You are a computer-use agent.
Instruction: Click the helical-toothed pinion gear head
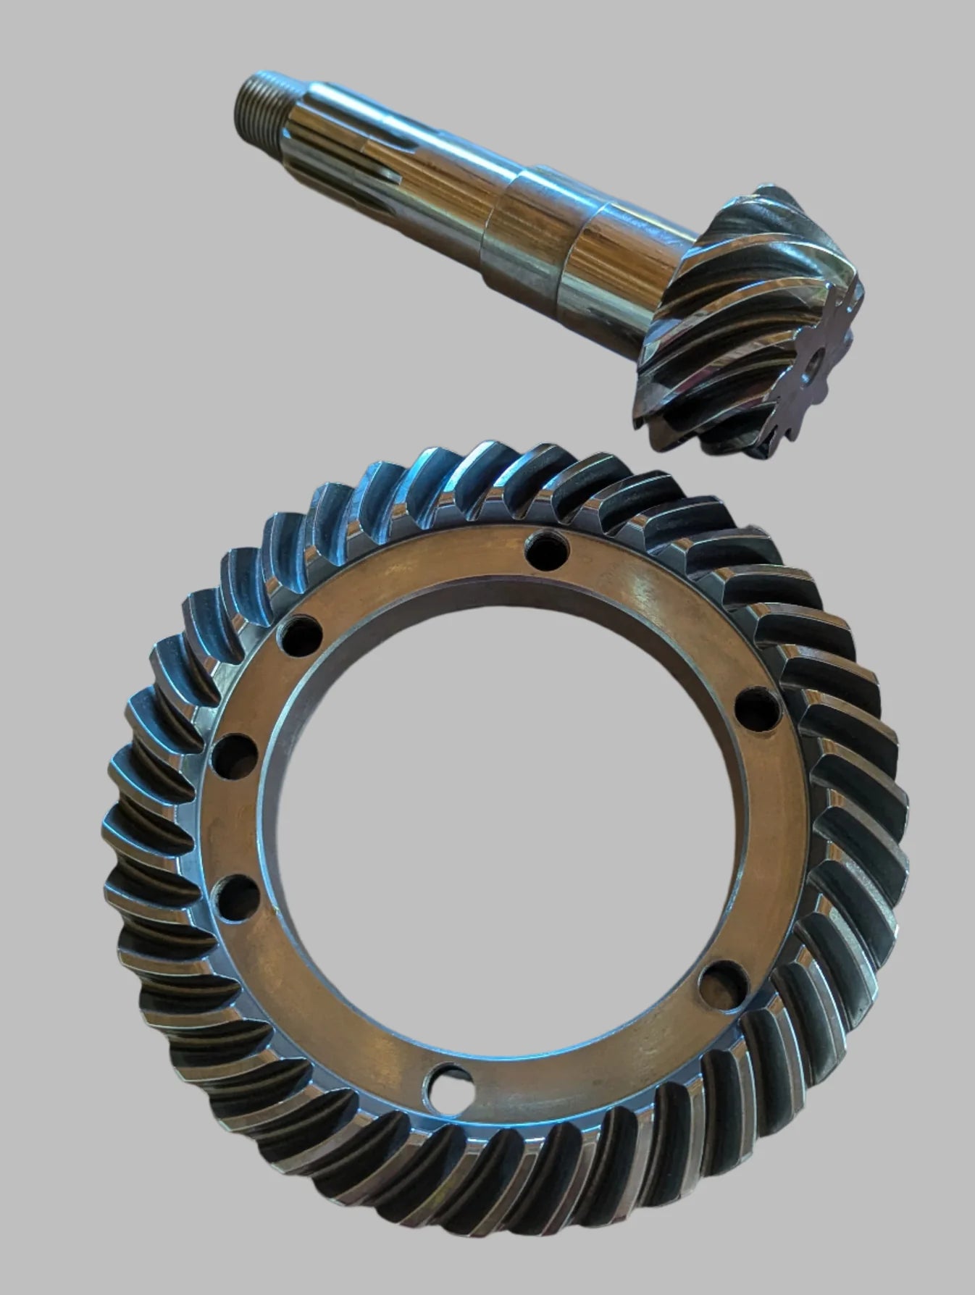pos(753,319)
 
